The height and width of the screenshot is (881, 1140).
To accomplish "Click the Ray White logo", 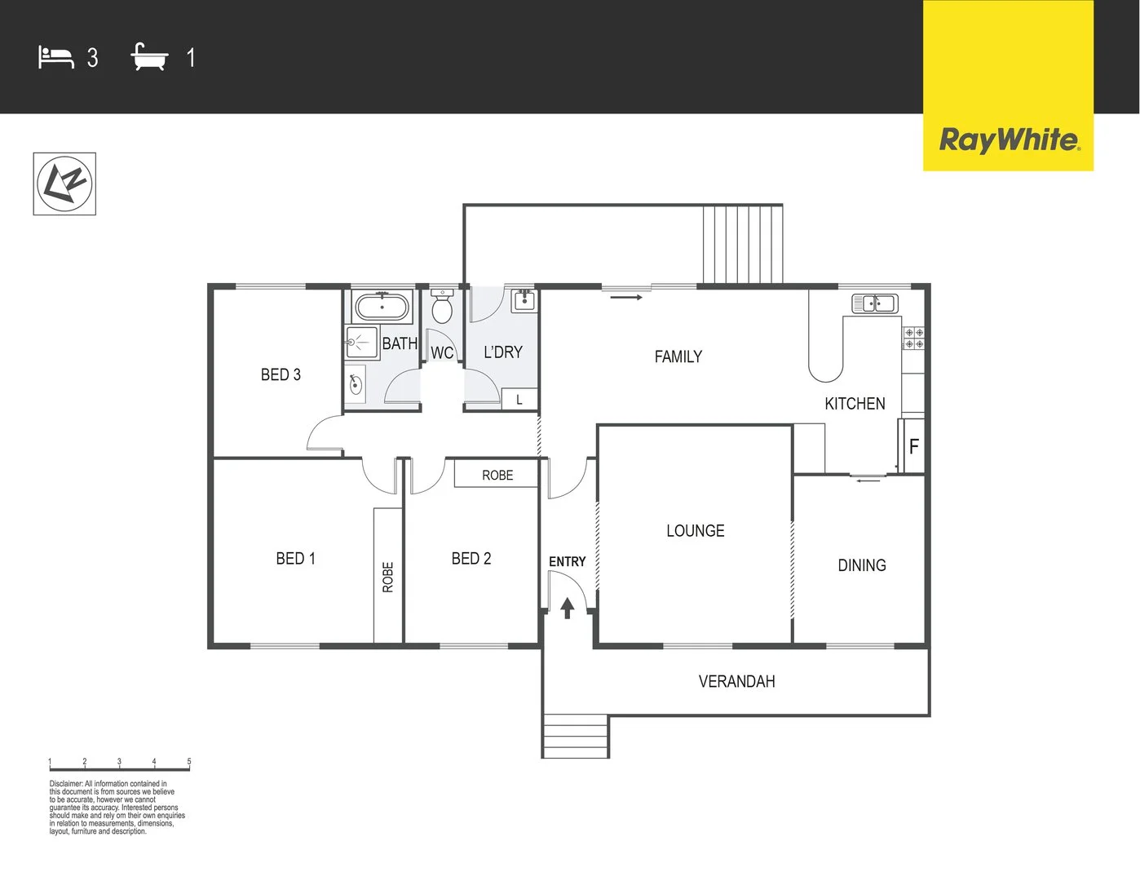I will [1009, 139].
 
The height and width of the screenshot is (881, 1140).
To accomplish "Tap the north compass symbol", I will [64, 184].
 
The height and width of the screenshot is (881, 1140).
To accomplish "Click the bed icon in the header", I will [55, 57].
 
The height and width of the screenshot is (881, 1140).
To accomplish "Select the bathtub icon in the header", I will [149, 57].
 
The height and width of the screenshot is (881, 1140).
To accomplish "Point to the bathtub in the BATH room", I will [382, 308].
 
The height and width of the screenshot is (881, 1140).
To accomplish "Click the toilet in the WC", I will [442, 307].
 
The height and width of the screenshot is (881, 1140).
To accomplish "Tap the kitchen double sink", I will [874, 303].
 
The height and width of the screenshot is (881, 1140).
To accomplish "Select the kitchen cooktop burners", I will [913, 339].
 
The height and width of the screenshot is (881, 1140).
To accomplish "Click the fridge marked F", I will [913, 446].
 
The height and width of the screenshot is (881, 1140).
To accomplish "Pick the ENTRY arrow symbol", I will [568, 608].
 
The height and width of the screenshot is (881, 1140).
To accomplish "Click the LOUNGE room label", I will [695, 531].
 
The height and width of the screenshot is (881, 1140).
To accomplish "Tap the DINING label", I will [861, 565].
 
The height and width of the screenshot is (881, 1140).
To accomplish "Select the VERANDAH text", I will [736, 681].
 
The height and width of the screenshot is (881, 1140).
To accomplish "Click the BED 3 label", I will [281, 374].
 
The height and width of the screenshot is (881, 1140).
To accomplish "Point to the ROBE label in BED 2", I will [497, 475].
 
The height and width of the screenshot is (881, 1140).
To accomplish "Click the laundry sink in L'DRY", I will [524, 300].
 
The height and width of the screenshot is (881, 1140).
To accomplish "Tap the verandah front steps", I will [576, 736].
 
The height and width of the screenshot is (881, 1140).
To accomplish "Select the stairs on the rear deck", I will [742, 244].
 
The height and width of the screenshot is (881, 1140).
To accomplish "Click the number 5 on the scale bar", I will [189, 762].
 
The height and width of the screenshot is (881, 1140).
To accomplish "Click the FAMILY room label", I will [678, 356].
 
